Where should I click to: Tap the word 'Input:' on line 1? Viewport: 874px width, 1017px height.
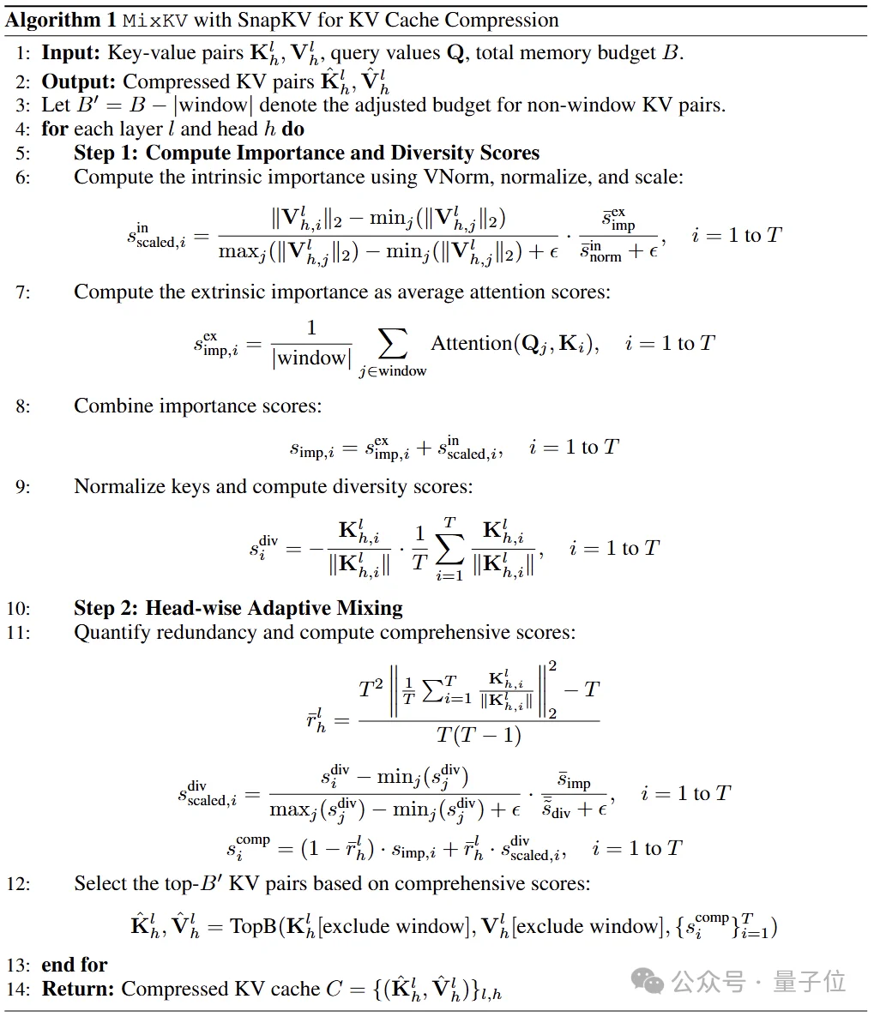71,53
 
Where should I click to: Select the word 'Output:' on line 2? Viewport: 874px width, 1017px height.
78,81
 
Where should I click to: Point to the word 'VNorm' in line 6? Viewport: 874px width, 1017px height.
455,178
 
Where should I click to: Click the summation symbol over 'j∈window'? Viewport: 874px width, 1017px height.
392,344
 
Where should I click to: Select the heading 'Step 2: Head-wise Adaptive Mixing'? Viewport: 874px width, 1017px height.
238,609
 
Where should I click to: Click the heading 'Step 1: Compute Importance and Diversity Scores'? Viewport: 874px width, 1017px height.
306,153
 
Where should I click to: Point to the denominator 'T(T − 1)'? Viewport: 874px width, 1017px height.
479,735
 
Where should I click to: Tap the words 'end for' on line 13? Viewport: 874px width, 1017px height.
75,965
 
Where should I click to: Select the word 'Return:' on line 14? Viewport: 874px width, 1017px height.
78,989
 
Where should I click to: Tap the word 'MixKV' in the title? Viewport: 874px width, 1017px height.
153,20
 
